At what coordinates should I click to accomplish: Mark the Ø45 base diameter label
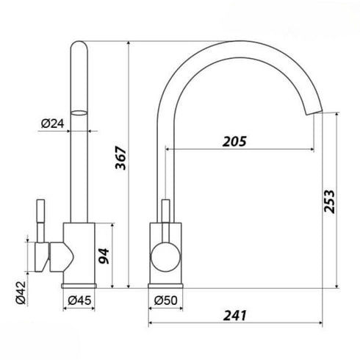[x=79, y=300]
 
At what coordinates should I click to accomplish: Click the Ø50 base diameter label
[x=166, y=300]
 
